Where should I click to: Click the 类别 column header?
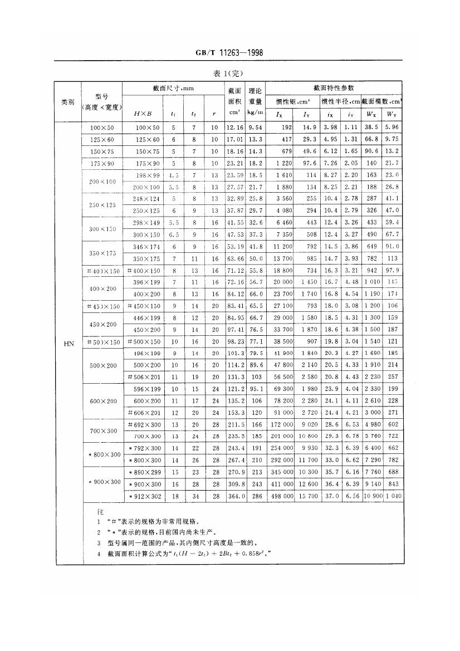coord(67,102)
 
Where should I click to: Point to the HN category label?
coord(67,343)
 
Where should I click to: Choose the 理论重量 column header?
coord(256,95)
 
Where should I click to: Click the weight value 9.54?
coord(255,128)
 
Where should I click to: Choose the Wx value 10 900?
coord(373,496)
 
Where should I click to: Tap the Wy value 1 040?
coord(392,496)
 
